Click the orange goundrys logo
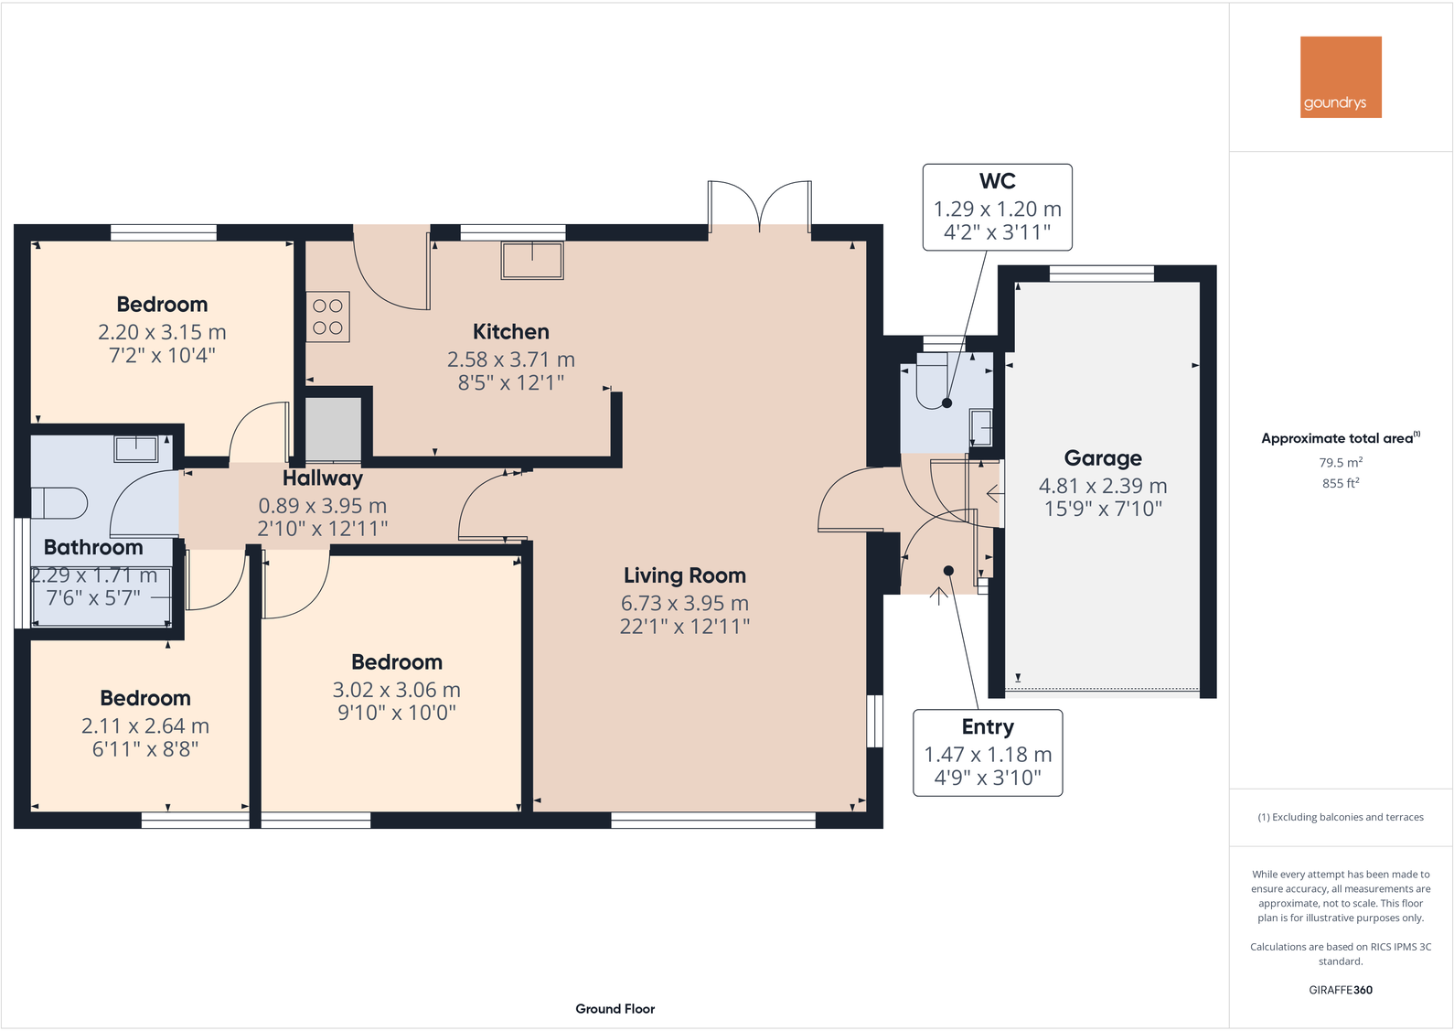click(x=1341, y=77)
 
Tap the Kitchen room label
click(x=510, y=332)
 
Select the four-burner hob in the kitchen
click(x=327, y=317)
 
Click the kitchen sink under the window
click(x=532, y=261)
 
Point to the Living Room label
click(x=684, y=575)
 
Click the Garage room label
click(x=1103, y=458)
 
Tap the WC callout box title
click(x=997, y=181)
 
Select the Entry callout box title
click(x=987, y=727)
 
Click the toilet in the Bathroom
click(x=59, y=503)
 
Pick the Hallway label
click(x=322, y=478)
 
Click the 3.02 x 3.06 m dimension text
click(x=396, y=690)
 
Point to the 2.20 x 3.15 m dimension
click(x=162, y=332)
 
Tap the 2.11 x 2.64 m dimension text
click(x=145, y=726)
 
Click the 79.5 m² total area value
click(x=1341, y=463)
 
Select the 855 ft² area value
click(x=1341, y=483)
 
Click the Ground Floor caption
click(x=615, y=1009)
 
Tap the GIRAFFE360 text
click(x=1341, y=990)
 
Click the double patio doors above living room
click(x=759, y=207)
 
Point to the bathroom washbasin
click(x=135, y=448)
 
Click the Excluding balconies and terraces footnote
click(x=1341, y=817)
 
